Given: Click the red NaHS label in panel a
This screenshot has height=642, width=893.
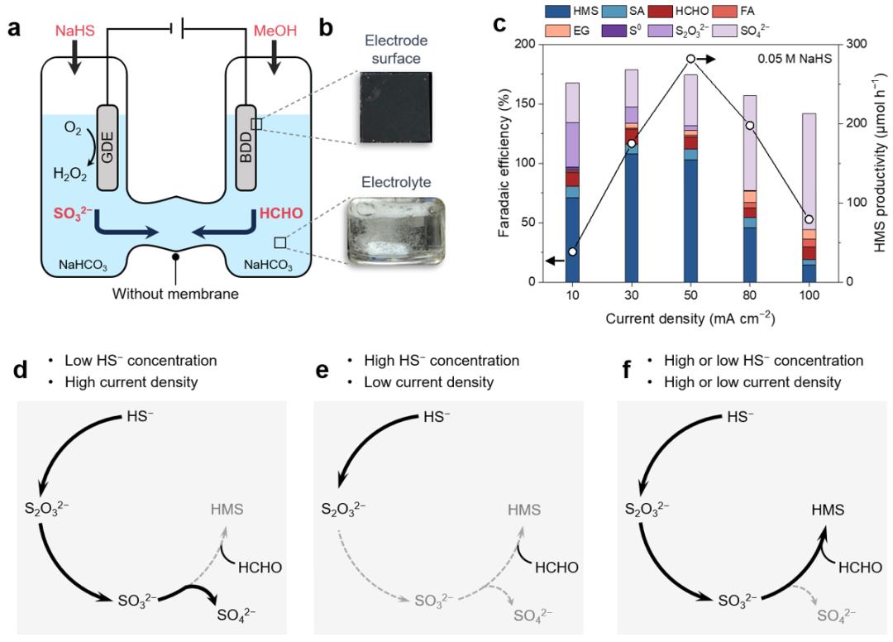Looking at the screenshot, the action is (74, 30).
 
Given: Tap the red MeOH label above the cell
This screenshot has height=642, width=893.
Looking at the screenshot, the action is (275, 30).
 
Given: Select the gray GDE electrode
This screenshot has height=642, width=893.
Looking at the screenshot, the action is (107, 147).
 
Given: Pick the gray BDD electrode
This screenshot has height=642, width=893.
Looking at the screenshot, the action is (246, 147).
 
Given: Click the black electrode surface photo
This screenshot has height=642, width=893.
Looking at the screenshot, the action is (396, 107).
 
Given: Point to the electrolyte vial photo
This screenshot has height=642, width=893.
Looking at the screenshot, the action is (396, 231).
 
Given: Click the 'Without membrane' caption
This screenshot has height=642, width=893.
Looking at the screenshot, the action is (175, 294).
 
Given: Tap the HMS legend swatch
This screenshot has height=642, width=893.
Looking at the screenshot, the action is (557, 12).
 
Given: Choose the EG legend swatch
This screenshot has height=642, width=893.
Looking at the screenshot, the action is (557, 30).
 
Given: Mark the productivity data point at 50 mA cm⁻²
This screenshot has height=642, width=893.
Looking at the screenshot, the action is (690, 59).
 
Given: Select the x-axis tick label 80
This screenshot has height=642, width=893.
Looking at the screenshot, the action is (749, 295).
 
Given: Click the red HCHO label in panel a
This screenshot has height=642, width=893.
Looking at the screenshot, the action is (281, 213).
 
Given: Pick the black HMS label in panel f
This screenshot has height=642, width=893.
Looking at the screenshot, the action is (828, 510).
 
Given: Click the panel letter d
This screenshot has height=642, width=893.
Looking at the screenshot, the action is (21, 371).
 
